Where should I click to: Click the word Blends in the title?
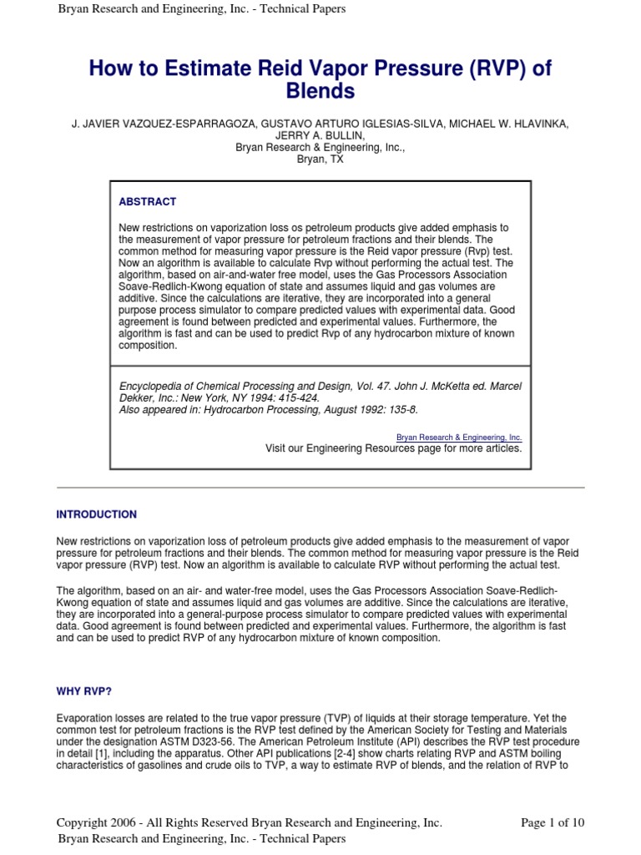pyautogui.click(x=320, y=91)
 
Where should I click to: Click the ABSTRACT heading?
pyautogui.click(x=148, y=202)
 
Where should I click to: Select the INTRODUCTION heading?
pyautogui.click(x=96, y=514)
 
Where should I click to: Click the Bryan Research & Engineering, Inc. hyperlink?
pyautogui.click(x=459, y=437)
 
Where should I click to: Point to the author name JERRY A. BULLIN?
pyautogui.click(x=320, y=136)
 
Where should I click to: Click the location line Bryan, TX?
pyautogui.click(x=320, y=159)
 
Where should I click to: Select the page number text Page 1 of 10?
pyautogui.click(x=553, y=822)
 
